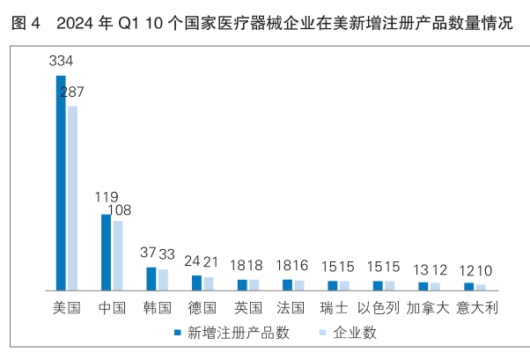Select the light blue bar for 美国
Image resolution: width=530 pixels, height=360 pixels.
72,198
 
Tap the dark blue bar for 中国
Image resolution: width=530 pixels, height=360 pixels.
107,253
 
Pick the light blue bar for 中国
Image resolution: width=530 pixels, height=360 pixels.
117,255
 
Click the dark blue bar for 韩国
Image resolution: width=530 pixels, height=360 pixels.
151,279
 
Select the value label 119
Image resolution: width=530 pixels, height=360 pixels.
107,197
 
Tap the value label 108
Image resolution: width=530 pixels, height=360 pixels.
120,210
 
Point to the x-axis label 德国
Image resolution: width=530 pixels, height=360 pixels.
202,308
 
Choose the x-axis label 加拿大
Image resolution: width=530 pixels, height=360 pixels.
429,308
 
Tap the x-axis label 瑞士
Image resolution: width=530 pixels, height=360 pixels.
337,308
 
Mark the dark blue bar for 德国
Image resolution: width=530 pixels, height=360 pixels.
196,283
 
